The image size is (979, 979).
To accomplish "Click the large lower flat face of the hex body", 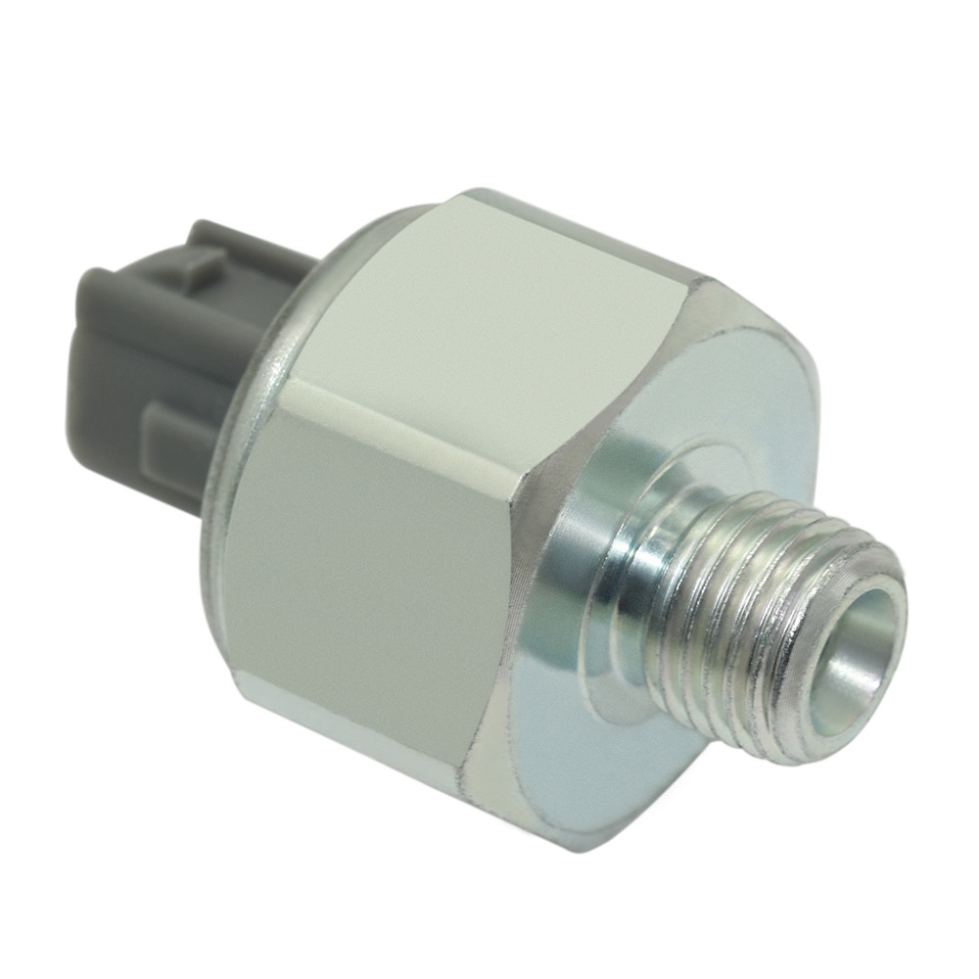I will point(362,578).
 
